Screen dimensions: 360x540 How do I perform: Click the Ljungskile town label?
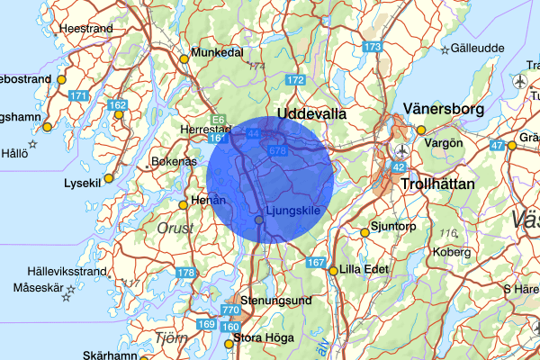click(x=293, y=211)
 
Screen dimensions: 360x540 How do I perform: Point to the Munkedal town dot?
click(x=184, y=59)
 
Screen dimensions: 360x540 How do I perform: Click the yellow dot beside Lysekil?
click(x=109, y=178)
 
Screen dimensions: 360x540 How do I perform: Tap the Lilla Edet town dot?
click(x=333, y=270)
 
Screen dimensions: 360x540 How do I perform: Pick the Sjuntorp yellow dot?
click(x=364, y=232)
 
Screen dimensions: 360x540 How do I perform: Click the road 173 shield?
click(x=373, y=46)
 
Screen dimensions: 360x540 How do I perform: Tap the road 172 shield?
click(x=295, y=81)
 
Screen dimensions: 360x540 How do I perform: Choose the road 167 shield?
click(x=315, y=262)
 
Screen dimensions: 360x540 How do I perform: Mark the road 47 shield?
click(x=497, y=145)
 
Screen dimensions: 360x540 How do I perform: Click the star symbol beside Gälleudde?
click(x=444, y=49)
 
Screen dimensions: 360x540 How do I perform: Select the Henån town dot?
click(x=184, y=205)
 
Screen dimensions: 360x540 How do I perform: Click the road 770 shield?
click(x=230, y=310)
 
